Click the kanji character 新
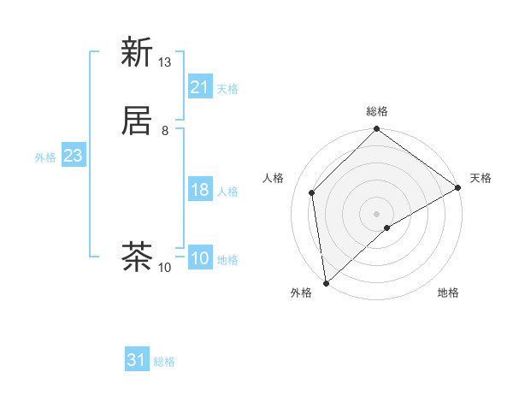coord(137,53)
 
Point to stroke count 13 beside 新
coord(165,62)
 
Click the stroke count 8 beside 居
coord(165,131)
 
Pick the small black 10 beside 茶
coord(165,268)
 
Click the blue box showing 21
coord(200,87)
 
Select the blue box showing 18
coord(200,190)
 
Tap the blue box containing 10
coord(200,258)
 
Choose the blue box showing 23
coord(73,156)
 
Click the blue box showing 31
coord(137,360)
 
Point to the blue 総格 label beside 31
coord(165,362)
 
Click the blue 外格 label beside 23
coord(45,157)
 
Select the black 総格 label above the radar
coord(377,111)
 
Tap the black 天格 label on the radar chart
coord(481,178)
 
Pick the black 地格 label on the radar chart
coord(448,293)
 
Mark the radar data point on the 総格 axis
coord(377,130)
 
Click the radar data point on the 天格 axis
coord(458,188)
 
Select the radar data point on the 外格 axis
coord(326,283)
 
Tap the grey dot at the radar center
coord(377,213)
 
